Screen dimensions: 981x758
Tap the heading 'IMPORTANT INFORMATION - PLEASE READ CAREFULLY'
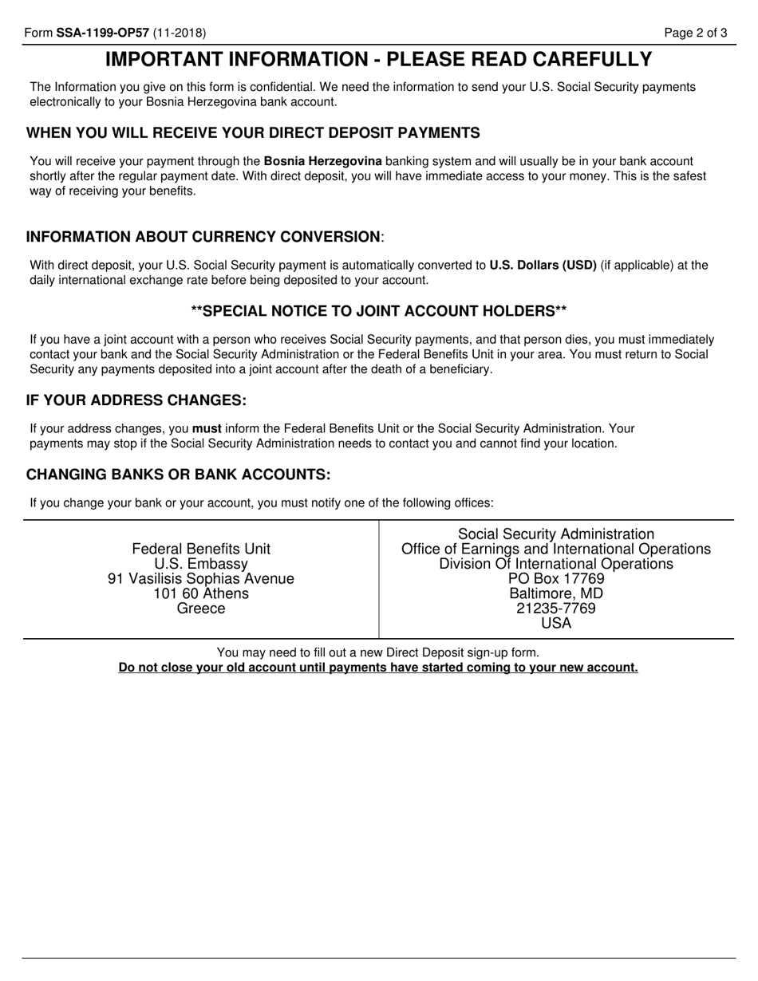pyautogui.click(x=378, y=60)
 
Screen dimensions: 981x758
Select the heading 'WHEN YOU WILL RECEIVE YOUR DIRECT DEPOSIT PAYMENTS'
pyautogui.click(x=253, y=132)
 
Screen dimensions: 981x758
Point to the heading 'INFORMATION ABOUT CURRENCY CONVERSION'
pyautogui.click(x=203, y=237)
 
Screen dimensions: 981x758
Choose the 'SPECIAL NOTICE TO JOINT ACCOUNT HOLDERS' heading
pyautogui.click(x=379, y=310)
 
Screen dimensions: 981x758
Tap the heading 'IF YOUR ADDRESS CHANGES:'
pyautogui.click(x=136, y=400)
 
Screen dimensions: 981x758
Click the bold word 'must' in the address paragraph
pyautogui.click(x=207, y=428)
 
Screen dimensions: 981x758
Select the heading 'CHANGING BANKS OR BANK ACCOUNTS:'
pyautogui.click(x=178, y=475)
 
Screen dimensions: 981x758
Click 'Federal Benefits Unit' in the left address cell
pyautogui.click(x=201, y=549)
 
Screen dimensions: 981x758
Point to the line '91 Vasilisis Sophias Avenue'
pyautogui.click(x=201, y=578)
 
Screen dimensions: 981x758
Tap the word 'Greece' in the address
pyautogui.click(x=201, y=609)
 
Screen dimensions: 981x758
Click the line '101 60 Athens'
pyautogui.click(x=201, y=593)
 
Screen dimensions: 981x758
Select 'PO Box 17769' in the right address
pyautogui.click(x=556, y=578)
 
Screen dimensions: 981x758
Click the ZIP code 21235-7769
pyautogui.click(x=556, y=609)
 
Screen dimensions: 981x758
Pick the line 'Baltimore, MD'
pyautogui.click(x=556, y=593)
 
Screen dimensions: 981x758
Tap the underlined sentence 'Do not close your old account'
pyautogui.click(x=378, y=668)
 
